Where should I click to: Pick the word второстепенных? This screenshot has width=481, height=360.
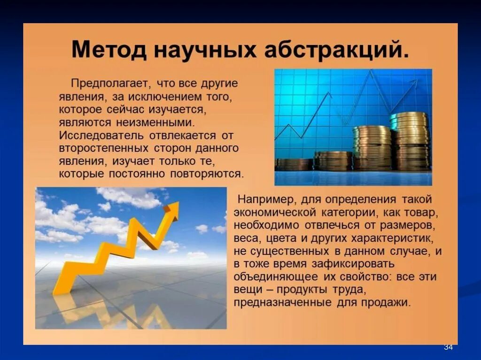pos(103,148)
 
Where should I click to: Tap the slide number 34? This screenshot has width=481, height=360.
pos(448,347)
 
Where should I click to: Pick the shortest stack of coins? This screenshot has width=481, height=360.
pos(294,164)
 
